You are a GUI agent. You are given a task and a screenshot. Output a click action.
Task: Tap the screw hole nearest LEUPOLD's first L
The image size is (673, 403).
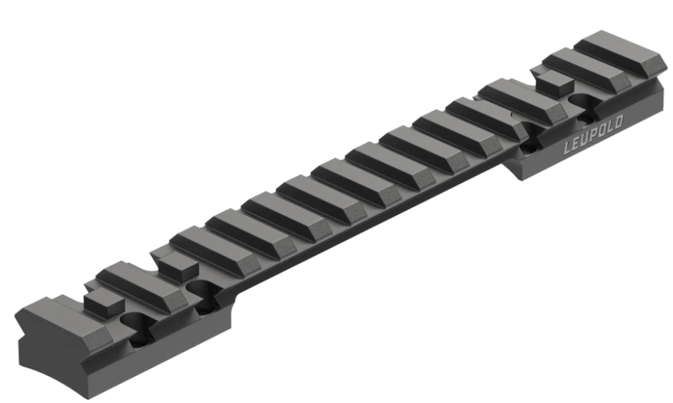(x=530, y=137)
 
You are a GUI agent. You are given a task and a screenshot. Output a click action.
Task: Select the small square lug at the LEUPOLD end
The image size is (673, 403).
(x=555, y=82)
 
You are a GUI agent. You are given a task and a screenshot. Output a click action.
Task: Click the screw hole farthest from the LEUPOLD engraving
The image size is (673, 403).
(x=138, y=327)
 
